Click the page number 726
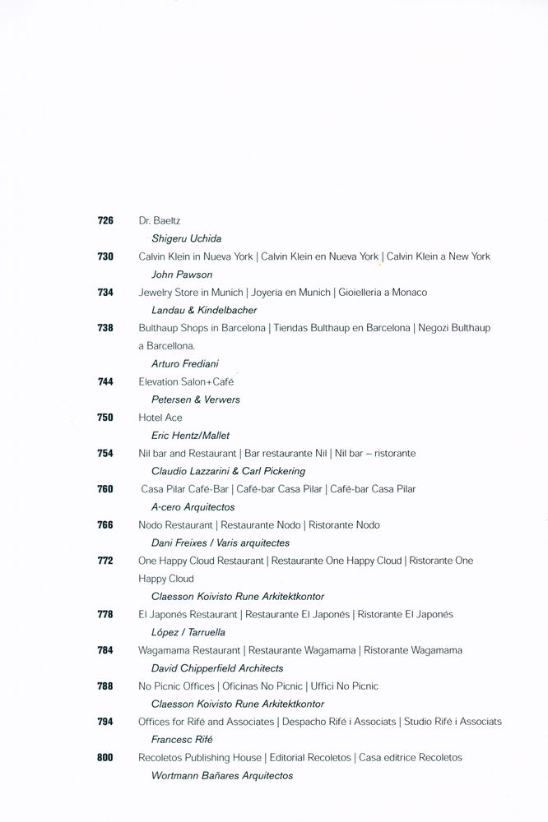click(104, 221)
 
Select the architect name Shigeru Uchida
click(187, 238)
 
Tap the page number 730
click(104, 256)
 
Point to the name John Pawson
click(182, 275)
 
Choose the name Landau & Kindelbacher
click(204, 310)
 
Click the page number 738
click(104, 328)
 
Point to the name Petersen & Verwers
click(195, 399)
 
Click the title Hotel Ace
click(160, 418)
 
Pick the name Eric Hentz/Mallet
click(191, 436)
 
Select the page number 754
click(104, 453)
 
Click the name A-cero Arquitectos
click(193, 507)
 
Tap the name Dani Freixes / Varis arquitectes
click(221, 543)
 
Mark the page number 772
click(104, 561)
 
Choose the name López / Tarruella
click(188, 632)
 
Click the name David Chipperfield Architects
click(217, 668)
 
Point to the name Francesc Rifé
click(182, 740)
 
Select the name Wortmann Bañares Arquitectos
click(222, 775)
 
